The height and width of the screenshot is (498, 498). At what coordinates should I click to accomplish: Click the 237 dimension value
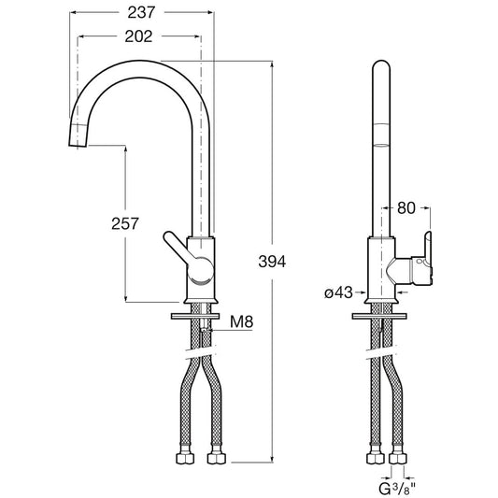coord(141,13)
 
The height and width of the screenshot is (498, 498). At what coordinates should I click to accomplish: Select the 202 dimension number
coord(138,36)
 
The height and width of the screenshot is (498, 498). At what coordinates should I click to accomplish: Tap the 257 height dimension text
coord(125,223)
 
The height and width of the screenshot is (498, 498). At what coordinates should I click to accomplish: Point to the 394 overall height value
coord(272,262)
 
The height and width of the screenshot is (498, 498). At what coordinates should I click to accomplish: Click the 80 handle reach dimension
coord(406,208)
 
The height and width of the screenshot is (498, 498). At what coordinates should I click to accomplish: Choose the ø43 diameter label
coord(338,292)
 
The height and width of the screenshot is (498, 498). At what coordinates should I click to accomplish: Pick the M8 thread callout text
coord(242,321)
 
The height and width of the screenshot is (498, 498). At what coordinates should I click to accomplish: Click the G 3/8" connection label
coord(397,489)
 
